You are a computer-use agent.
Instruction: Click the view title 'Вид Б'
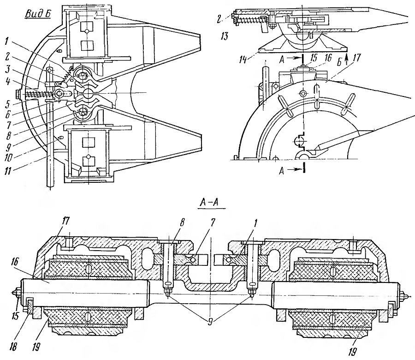point(38,14)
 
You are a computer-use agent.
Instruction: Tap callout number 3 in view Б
point(8,70)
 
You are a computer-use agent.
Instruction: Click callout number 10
point(8,158)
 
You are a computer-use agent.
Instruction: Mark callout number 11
point(7,171)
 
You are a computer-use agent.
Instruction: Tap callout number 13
point(224,36)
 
